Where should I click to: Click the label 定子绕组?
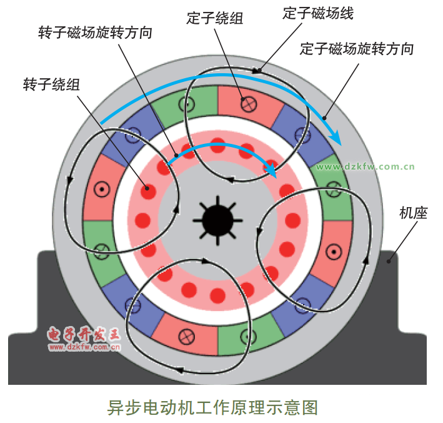[215, 18]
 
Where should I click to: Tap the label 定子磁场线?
[318, 13]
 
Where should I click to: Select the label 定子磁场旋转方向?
[357, 48]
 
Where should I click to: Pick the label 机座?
[413, 213]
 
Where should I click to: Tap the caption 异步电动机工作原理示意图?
[212, 407]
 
